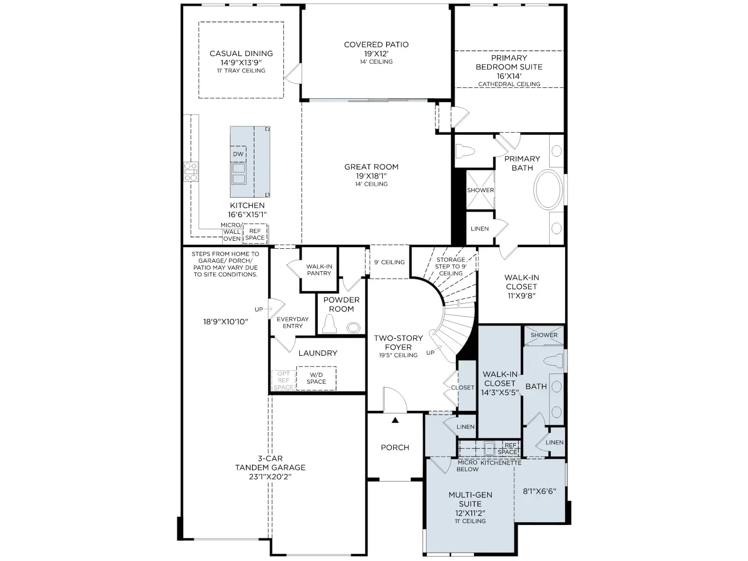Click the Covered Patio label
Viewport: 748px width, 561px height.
pyautogui.click(x=376, y=44)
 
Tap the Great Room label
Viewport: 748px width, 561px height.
pyautogui.click(x=371, y=167)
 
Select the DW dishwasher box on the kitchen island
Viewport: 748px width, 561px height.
pyautogui.click(x=238, y=154)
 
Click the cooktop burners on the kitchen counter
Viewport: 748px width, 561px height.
pyautogui.click(x=191, y=172)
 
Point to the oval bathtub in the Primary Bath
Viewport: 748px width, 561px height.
pyautogui.click(x=549, y=190)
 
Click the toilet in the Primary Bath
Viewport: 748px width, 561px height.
pyautogui.click(x=465, y=151)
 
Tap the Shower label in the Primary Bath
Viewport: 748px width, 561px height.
pyautogui.click(x=480, y=190)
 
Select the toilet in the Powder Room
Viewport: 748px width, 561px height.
pyautogui.click(x=330, y=324)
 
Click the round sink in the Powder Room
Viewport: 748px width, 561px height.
pyautogui.click(x=353, y=328)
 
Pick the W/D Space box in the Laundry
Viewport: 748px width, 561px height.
pyautogui.click(x=316, y=378)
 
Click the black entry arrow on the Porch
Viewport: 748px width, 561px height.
pyautogui.click(x=396, y=420)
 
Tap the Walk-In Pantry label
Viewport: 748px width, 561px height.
pyautogui.click(x=319, y=270)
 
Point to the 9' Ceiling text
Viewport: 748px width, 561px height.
pyautogui.click(x=389, y=262)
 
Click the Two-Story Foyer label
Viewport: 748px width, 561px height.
pyautogui.click(x=398, y=343)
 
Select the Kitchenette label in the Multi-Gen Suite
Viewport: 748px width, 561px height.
pyautogui.click(x=501, y=463)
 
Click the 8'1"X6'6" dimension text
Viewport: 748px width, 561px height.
pyautogui.click(x=539, y=491)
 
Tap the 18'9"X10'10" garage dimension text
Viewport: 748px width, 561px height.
pyautogui.click(x=226, y=322)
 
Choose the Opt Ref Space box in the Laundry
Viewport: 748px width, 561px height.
pyautogui.click(x=283, y=381)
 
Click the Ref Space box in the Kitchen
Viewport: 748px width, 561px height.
pyautogui.click(x=255, y=234)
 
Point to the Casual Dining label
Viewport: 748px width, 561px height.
pyautogui.click(x=241, y=53)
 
